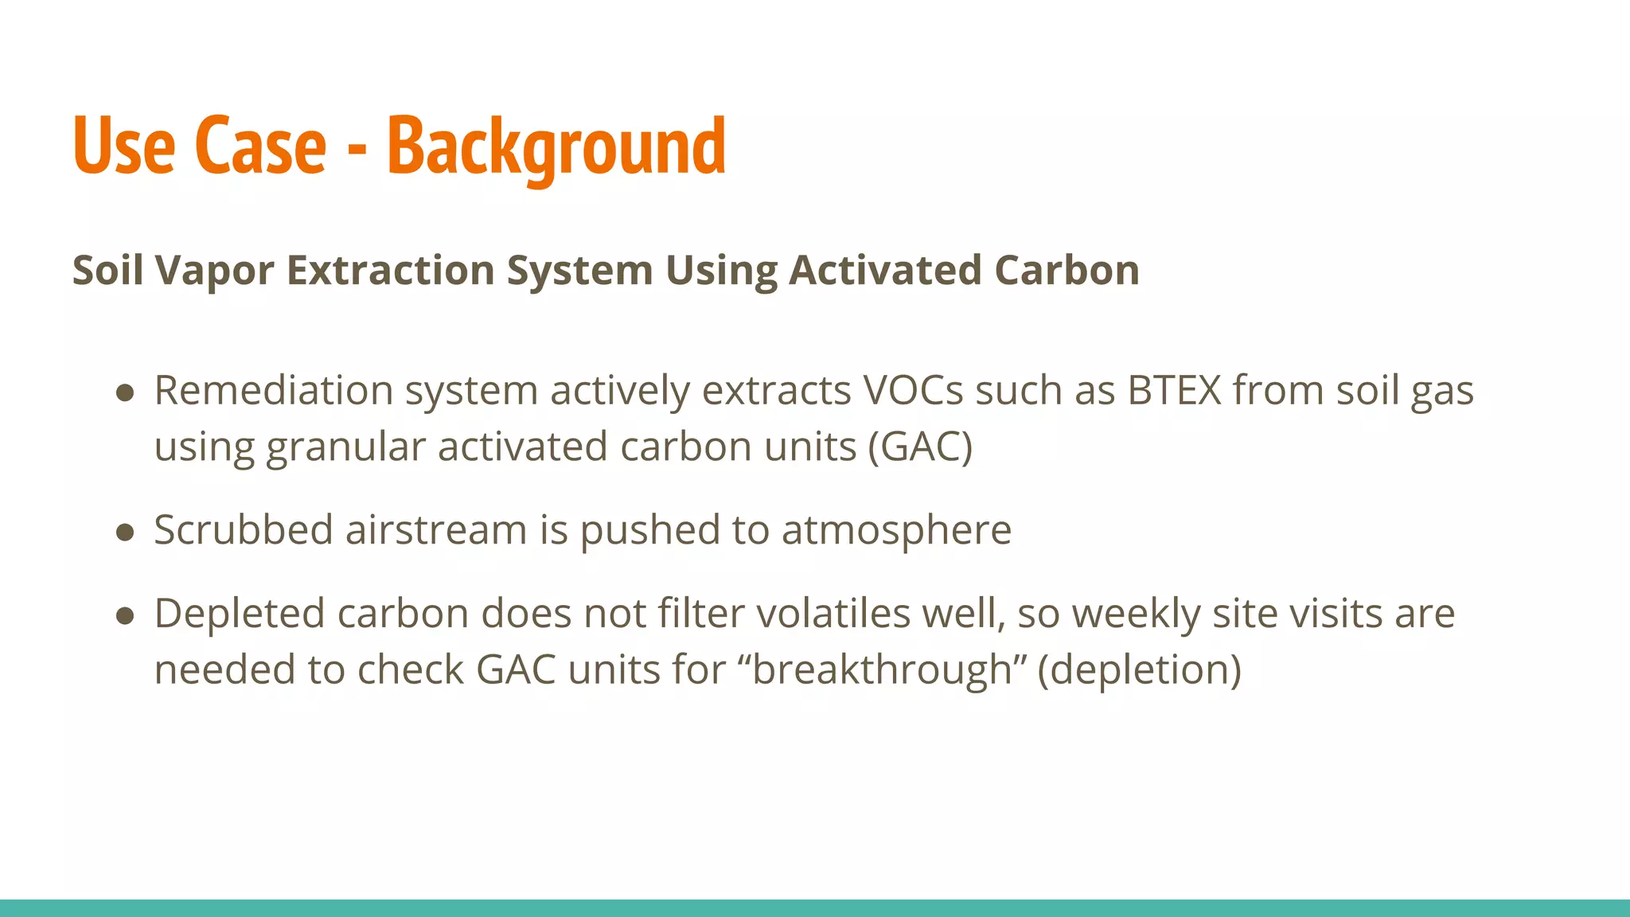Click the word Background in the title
tap(556, 147)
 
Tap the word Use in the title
tap(123, 147)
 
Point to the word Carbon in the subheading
tap(1067, 271)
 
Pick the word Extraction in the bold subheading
tap(390, 271)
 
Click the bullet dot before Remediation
tap(125, 392)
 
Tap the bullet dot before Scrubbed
tap(125, 532)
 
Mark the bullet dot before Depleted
tap(125, 615)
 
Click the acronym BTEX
tap(1174, 391)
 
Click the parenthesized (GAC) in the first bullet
tap(920, 447)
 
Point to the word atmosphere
tap(896, 531)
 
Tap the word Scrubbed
tap(243, 530)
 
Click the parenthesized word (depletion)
tap(1139, 669)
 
